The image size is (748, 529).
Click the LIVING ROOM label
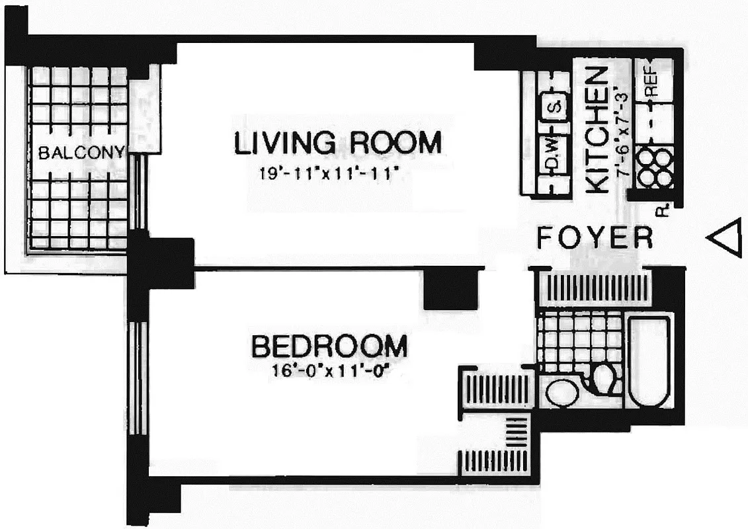[337, 143]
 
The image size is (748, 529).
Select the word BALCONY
[81, 153]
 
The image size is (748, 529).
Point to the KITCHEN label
[598, 131]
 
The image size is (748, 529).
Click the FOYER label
[595, 237]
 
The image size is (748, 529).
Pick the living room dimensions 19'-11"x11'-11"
[331, 175]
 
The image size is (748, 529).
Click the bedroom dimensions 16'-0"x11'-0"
[329, 370]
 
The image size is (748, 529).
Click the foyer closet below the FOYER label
[593, 289]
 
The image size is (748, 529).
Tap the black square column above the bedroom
[450, 288]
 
